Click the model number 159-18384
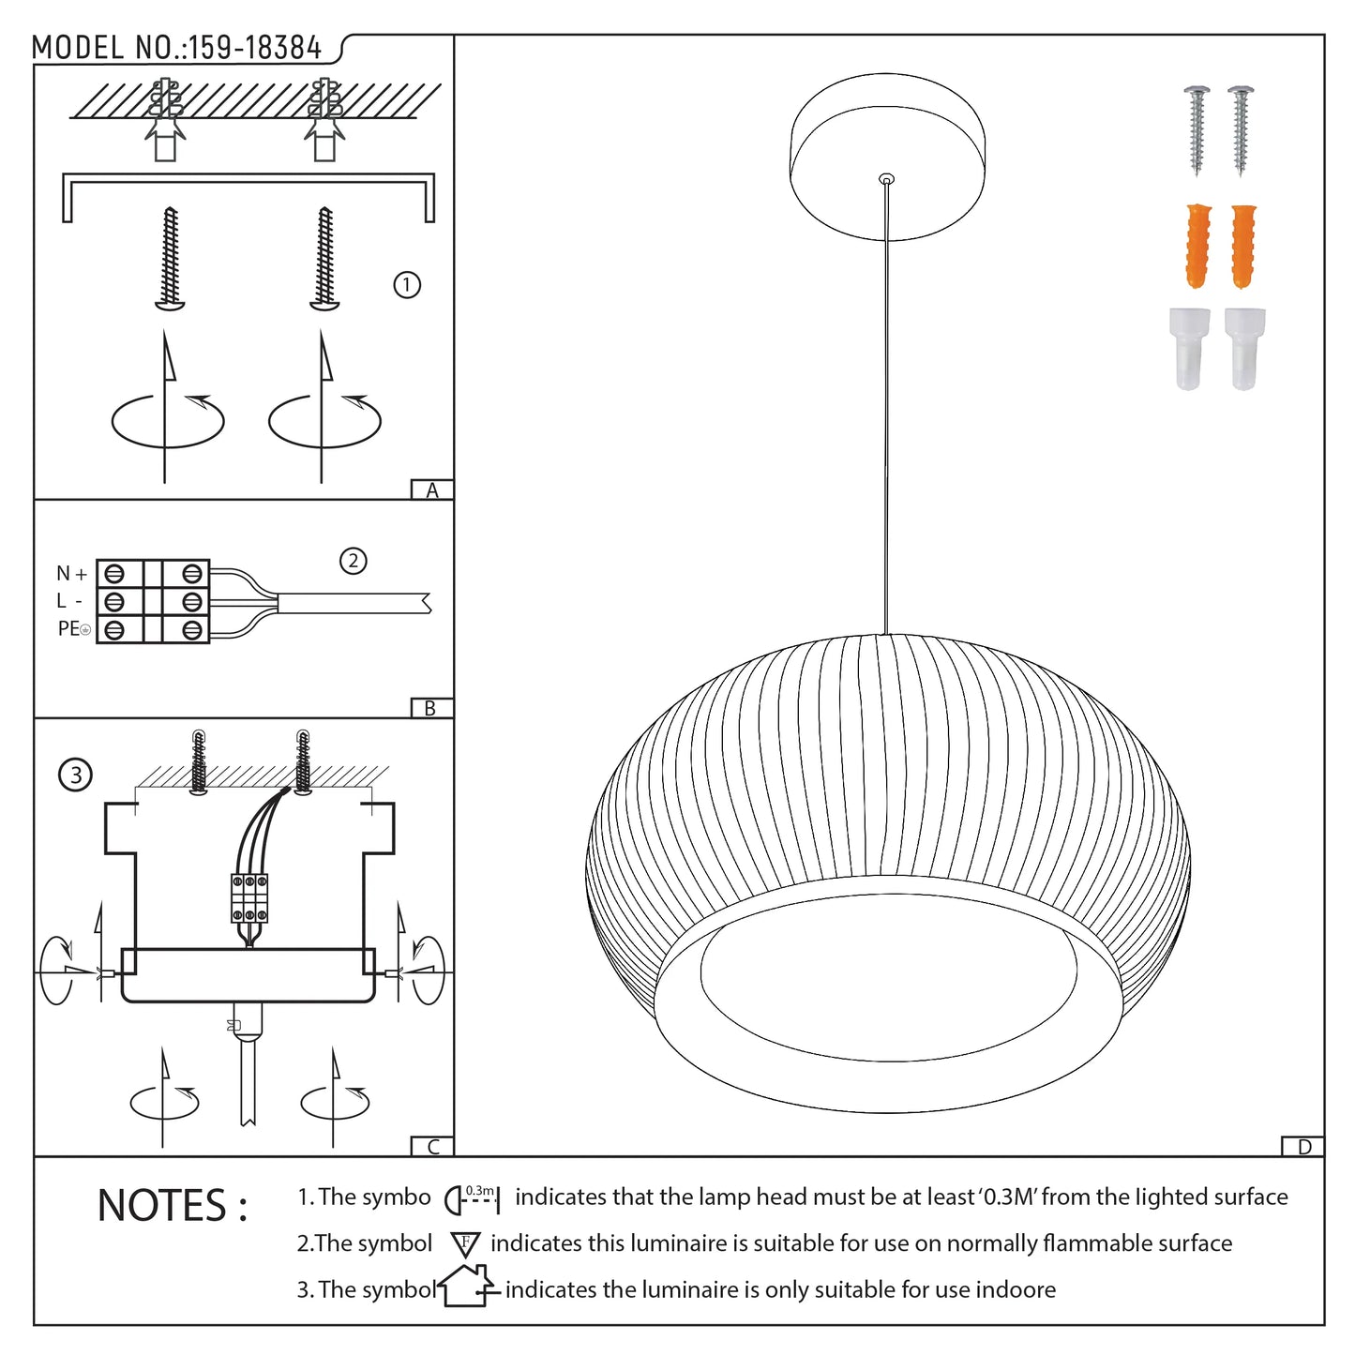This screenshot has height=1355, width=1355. (x=255, y=49)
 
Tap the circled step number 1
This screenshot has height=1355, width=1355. (x=406, y=285)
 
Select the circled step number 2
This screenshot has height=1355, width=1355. (x=353, y=561)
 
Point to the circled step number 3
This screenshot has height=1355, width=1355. (x=75, y=775)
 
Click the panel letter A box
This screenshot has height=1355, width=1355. (x=431, y=489)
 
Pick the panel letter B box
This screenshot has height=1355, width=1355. (x=431, y=708)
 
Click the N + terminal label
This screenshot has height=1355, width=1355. (x=71, y=573)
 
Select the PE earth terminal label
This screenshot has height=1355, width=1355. (x=74, y=628)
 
